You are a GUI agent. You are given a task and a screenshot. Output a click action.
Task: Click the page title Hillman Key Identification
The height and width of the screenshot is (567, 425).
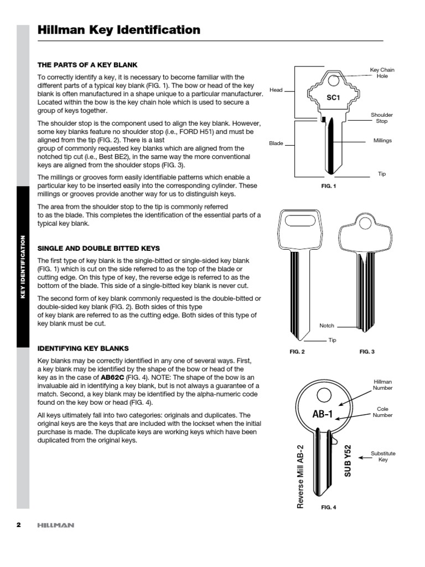click(118, 30)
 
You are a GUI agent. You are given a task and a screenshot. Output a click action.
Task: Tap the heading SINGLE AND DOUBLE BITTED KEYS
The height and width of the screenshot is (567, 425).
click(99, 248)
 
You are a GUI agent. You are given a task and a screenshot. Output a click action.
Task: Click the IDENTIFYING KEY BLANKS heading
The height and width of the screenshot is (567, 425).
click(82, 348)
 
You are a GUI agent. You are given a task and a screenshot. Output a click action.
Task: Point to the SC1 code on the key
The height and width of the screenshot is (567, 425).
click(332, 97)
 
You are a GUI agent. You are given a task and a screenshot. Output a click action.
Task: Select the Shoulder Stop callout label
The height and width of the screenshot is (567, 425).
click(382, 117)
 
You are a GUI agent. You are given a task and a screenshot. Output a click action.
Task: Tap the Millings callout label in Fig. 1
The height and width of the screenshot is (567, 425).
click(382, 141)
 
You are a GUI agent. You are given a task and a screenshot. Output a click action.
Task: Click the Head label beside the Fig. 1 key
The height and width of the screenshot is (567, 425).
click(276, 89)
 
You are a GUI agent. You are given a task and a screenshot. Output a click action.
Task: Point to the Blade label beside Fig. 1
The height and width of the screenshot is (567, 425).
click(276, 143)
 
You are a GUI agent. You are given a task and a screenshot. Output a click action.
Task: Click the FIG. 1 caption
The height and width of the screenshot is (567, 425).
click(329, 187)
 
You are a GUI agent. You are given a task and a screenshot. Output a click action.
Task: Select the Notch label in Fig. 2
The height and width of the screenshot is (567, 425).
click(327, 326)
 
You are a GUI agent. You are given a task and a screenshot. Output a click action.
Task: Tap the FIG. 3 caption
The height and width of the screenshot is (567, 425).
click(367, 352)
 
